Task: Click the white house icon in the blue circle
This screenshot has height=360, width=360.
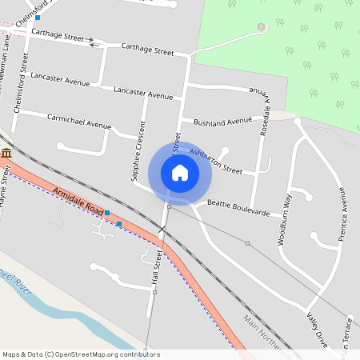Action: [180, 173]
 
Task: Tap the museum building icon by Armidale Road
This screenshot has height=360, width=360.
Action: [6, 153]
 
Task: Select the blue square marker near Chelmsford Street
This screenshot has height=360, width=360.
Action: [37, 17]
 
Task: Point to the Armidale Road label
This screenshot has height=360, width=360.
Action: [79, 201]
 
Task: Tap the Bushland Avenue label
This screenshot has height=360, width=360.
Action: [222, 122]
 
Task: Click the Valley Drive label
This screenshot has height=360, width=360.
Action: [316, 330]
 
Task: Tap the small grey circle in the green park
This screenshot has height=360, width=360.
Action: [261, 27]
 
